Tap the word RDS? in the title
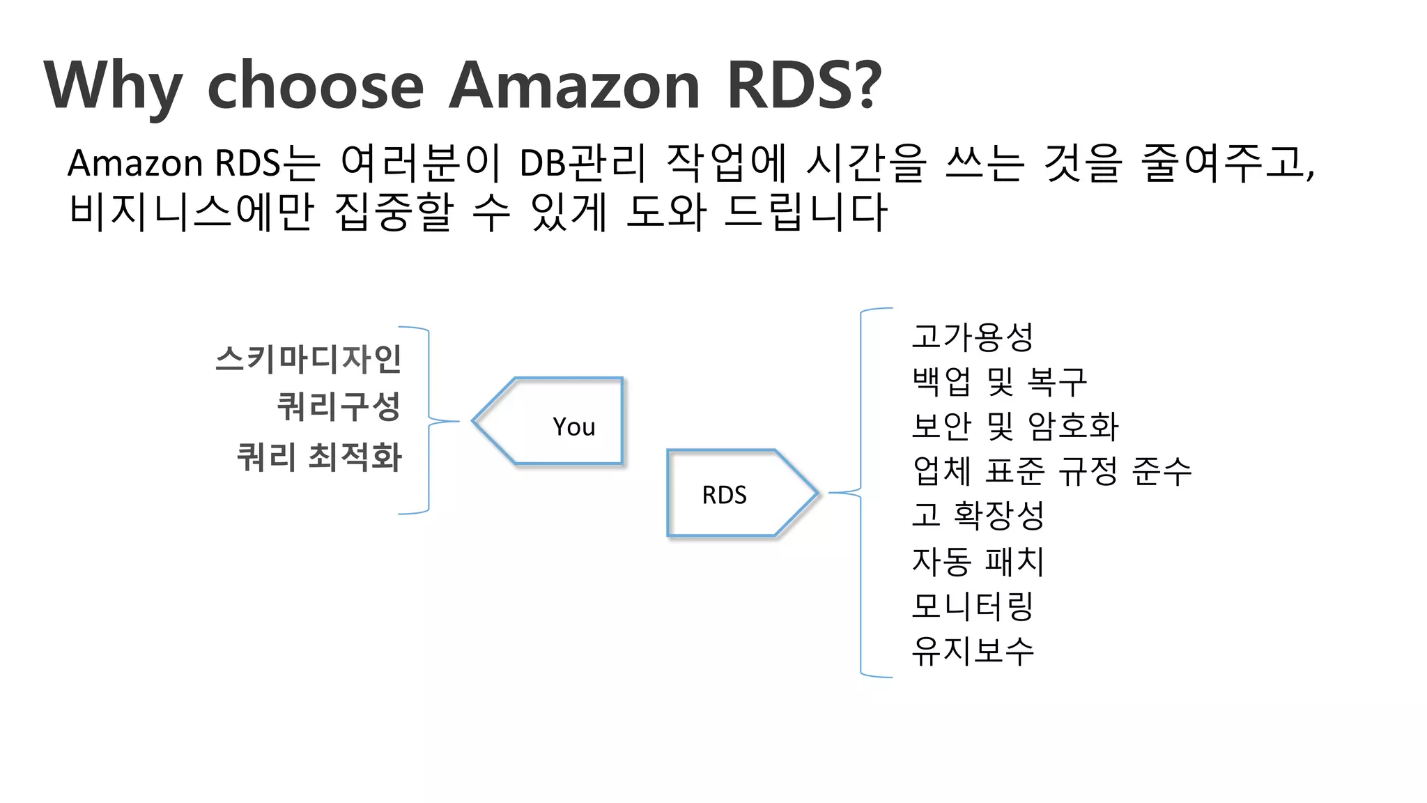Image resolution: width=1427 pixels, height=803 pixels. click(804, 86)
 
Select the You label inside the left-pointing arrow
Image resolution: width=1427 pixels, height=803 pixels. click(573, 427)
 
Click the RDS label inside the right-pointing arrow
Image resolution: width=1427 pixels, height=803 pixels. click(724, 495)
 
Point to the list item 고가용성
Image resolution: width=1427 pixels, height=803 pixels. click(972, 337)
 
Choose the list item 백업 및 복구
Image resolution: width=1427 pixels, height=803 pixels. click(998, 381)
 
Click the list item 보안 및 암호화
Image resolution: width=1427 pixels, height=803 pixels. click(1015, 426)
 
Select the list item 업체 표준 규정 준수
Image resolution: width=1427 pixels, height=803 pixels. click(1051, 471)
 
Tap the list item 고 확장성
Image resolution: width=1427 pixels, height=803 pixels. click(978, 515)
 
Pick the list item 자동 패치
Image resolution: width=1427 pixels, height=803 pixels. click(978, 561)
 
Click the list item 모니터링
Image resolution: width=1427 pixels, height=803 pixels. click(972, 606)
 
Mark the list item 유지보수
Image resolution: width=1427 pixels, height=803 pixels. click(972, 651)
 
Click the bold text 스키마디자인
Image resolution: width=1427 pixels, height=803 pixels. click(308, 359)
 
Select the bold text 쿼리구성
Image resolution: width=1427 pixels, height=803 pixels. click(339, 406)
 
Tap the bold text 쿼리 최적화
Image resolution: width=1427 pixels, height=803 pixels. click(319, 457)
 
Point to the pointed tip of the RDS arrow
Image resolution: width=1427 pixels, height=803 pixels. click(816, 494)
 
